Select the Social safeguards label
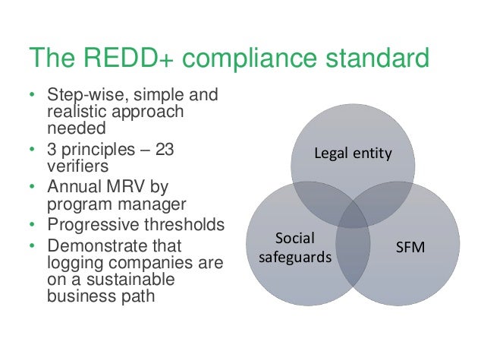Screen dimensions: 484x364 click(296, 247)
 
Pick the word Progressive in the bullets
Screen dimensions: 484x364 click(88, 225)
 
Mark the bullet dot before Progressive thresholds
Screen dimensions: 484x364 click(31, 226)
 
